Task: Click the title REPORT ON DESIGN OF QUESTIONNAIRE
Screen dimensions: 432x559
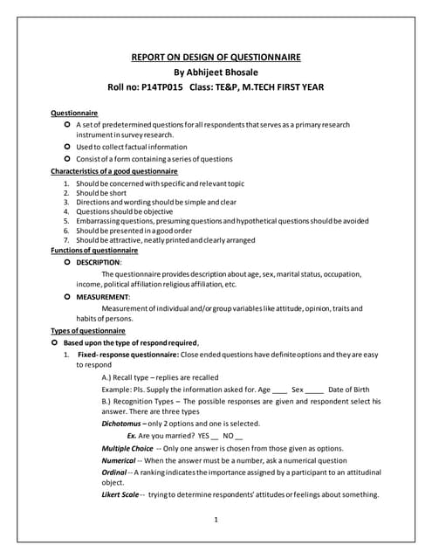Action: coord(216,58)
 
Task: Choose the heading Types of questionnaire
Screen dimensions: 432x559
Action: coord(88,331)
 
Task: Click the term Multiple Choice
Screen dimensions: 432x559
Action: coord(127,448)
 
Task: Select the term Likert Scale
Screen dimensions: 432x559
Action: coord(120,495)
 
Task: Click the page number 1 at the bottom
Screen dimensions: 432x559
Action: coord(215,521)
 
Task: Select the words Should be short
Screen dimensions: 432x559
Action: coord(101,192)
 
